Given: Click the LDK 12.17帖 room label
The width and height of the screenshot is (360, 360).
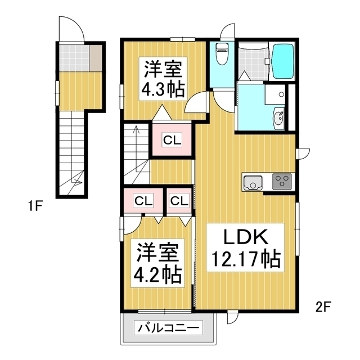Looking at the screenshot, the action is [245, 247].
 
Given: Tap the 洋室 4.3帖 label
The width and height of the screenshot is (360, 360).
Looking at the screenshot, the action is [163, 79].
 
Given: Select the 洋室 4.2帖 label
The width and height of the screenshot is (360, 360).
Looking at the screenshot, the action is [157, 263].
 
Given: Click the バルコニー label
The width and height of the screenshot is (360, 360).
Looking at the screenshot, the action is [168, 327].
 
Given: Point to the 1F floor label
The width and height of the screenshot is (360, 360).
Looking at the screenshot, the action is [35, 206].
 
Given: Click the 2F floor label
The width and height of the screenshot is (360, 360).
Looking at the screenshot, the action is [323, 307].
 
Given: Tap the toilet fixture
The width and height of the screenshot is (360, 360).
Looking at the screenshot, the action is [222, 53].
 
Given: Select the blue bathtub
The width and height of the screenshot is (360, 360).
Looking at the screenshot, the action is [282, 61].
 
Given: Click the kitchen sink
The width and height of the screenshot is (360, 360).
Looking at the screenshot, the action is [253, 183].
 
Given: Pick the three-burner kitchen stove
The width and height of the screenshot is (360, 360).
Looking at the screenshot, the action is [282, 181].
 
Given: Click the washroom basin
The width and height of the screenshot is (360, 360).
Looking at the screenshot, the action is [279, 118].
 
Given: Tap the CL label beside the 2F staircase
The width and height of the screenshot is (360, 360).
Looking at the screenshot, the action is [172, 140].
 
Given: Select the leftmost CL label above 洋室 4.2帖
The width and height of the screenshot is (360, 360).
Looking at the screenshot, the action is [144, 201].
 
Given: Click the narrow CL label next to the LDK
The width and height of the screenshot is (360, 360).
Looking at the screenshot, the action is [179, 201].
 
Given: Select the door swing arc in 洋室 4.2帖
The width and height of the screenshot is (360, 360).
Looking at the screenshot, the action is [136, 228].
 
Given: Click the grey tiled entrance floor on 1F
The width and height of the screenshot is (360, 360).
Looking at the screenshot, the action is [74, 58].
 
